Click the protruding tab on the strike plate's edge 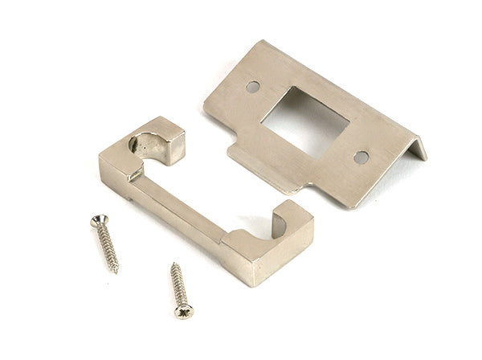click(x=241, y=152)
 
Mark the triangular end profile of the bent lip click(x=419, y=149)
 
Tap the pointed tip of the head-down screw click(x=173, y=264)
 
